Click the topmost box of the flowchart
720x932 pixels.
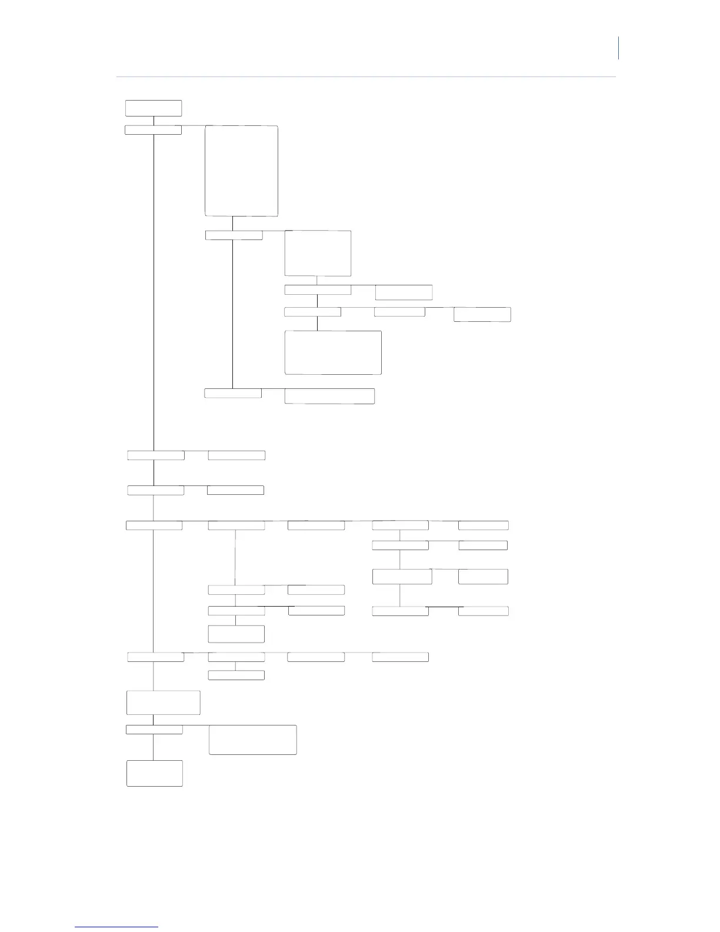click(154, 108)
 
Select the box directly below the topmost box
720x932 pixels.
click(154, 130)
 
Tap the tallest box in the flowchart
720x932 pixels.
click(241, 171)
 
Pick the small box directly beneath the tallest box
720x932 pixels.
click(234, 235)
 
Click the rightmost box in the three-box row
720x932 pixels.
click(482, 314)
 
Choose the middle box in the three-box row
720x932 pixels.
click(399, 312)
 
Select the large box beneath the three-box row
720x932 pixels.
click(333, 352)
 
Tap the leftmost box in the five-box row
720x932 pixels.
click(154, 525)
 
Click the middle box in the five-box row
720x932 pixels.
click(316, 525)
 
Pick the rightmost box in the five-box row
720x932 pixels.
click(484, 525)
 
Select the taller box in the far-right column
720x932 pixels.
click(484, 577)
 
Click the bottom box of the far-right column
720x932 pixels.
click(484, 611)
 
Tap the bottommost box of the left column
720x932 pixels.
click(155, 773)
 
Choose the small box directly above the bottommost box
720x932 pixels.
click(154, 730)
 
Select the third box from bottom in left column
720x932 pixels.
click(164, 703)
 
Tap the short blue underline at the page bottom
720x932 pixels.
click(116, 927)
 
